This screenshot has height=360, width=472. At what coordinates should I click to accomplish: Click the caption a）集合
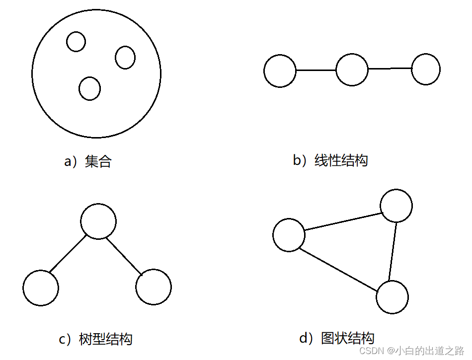88,161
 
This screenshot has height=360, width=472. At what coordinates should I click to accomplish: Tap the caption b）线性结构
330,160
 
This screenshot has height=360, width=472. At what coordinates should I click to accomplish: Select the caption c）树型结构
96,340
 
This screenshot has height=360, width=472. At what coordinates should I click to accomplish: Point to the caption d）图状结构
336,339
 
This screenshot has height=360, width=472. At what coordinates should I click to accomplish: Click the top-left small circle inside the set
76,42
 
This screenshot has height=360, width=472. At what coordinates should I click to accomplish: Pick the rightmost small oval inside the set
125,57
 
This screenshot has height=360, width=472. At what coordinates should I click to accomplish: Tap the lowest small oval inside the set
90,88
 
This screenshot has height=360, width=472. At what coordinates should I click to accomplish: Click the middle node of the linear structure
352,70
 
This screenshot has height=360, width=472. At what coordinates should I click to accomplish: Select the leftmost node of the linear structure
280,71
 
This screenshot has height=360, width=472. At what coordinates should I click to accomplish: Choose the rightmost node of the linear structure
426,70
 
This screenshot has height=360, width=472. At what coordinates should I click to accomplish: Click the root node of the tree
98,221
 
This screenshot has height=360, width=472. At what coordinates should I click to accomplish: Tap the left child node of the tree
41,288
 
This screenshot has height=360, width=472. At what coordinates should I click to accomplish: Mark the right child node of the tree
154,287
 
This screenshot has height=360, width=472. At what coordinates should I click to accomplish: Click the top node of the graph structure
396,205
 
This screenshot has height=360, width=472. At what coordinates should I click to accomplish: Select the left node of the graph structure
289,235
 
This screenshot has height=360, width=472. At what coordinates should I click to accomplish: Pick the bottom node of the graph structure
392,297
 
